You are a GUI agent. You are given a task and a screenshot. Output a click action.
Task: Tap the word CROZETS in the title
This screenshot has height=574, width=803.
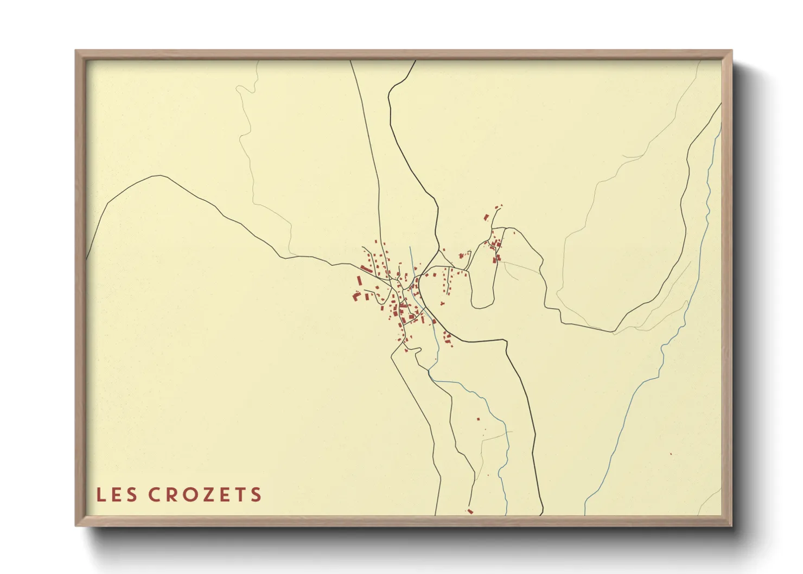[205, 495]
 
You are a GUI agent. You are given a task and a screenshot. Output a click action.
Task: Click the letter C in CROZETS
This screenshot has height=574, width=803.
[154, 495]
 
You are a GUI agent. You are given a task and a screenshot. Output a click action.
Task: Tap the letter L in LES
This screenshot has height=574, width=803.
[100, 495]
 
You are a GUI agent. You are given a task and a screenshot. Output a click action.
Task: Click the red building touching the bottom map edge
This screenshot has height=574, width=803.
[470, 511]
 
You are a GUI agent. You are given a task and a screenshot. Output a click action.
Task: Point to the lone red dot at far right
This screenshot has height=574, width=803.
[671, 454]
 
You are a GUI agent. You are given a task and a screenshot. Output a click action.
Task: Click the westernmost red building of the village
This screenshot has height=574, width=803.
[355, 296]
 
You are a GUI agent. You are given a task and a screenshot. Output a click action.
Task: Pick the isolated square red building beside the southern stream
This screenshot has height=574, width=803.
[478, 419]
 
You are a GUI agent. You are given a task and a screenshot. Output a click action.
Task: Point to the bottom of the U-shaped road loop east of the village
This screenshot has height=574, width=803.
[480, 307]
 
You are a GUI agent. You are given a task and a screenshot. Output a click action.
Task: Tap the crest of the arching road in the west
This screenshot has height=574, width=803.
[158, 176]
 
